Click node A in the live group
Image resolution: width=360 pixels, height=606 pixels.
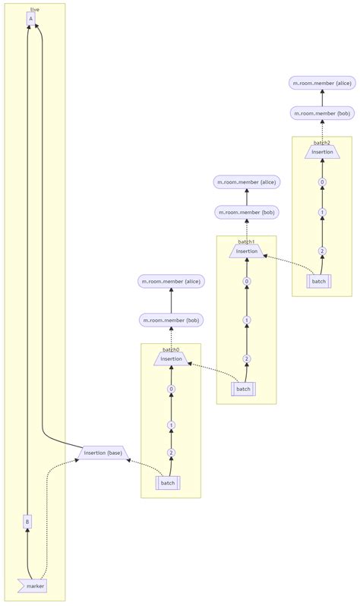[x=30, y=19]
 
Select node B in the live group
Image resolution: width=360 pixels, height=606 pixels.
[x=27, y=522]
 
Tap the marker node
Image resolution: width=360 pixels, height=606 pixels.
[x=33, y=585]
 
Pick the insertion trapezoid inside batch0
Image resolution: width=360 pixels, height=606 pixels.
[x=171, y=358]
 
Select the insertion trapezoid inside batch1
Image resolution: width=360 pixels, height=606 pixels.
[x=246, y=251]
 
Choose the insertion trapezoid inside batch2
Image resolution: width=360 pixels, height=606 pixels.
[x=322, y=152]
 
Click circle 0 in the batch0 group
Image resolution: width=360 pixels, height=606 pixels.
[x=171, y=389]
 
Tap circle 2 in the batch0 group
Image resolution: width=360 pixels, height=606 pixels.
[x=171, y=453]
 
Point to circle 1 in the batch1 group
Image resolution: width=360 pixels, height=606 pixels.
[x=246, y=320]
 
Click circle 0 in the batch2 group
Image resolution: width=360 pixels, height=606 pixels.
[x=322, y=182]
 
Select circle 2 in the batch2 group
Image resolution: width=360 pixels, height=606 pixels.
[x=322, y=251]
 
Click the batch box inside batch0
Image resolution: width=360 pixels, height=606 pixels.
[x=168, y=483]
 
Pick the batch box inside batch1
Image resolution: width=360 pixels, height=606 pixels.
[x=243, y=389]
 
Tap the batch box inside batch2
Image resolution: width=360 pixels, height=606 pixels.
[x=319, y=282]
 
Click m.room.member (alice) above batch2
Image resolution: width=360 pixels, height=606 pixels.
[x=322, y=82]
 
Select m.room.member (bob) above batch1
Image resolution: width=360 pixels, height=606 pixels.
[x=246, y=212]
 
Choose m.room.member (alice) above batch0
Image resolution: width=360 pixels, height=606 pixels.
[x=171, y=281]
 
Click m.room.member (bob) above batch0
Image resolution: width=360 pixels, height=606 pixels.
[x=171, y=320]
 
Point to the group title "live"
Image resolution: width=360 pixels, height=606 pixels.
[x=35, y=9]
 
